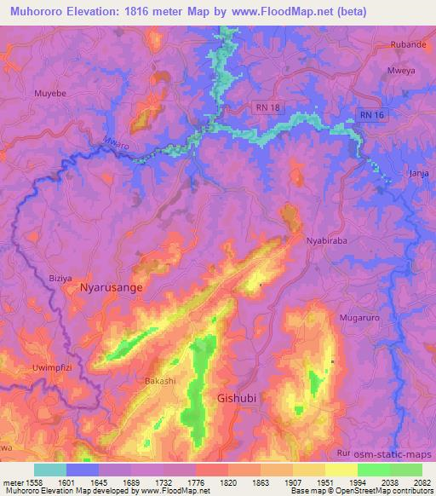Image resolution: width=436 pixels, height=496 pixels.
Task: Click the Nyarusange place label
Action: point(111,288)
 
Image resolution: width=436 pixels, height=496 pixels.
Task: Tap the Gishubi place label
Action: point(237,398)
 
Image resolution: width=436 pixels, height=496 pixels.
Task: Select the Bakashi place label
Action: point(160,380)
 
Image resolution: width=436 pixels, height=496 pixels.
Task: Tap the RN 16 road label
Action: point(370,113)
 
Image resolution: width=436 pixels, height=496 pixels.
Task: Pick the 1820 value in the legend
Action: point(227,482)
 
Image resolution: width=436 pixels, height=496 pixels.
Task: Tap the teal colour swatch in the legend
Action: point(49,470)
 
